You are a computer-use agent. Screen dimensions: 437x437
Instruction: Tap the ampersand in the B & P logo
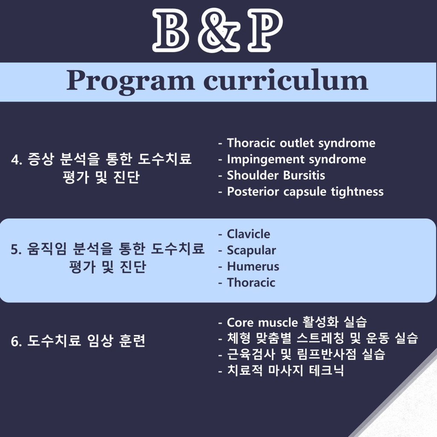219,31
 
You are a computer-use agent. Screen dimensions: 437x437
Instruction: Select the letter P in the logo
265,30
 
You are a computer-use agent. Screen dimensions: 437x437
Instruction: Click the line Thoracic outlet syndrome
301,143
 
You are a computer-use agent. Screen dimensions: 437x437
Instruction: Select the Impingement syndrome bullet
297,160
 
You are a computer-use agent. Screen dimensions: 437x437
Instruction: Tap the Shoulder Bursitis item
276,175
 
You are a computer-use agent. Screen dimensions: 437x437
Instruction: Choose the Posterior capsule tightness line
305,192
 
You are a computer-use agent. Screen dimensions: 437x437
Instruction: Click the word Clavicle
248,234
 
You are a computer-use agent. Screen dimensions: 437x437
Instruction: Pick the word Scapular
251,250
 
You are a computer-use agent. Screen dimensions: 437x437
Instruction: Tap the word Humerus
253,266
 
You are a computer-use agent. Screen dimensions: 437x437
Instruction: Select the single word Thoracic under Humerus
251,283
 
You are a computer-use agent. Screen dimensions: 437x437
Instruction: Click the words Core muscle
262,323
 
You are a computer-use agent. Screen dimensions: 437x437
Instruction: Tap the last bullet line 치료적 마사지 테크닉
286,370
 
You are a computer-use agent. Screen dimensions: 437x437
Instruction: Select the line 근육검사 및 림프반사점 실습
306,354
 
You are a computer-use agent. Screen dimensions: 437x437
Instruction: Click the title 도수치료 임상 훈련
86,341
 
